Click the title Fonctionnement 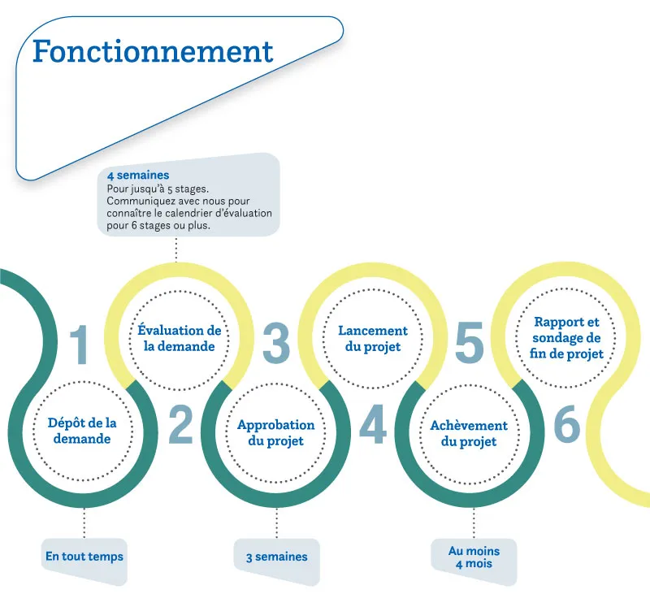click(x=153, y=51)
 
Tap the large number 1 click(x=78, y=345)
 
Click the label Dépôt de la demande click(x=82, y=431)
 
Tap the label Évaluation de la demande click(x=180, y=338)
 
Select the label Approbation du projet click(x=275, y=432)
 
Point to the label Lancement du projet click(x=373, y=338)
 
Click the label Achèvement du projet click(x=469, y=433)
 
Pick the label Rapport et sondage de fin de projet click(x=566, y=338)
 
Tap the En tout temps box click(x=84, y=557)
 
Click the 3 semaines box click(x=277, y=557)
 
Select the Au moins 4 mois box click(x=474, y=557)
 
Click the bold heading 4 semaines click(x=137, y=175)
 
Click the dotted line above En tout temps click(x=84, y=522)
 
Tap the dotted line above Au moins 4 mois click(x=474, y=522)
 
